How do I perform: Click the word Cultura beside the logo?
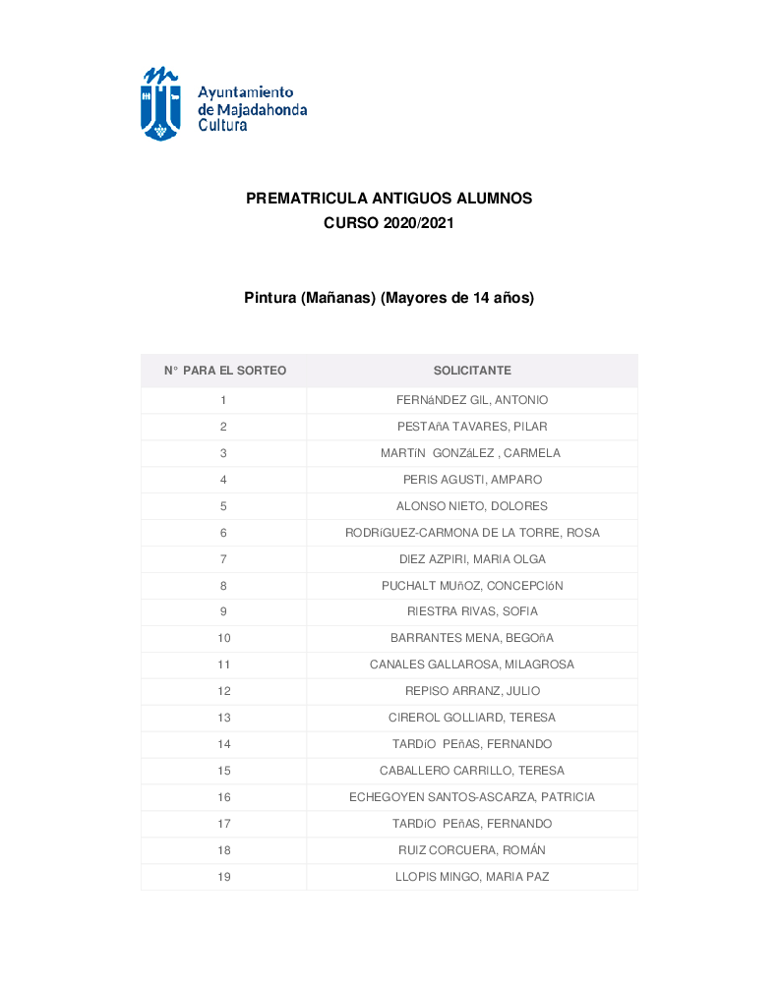coord(223,126)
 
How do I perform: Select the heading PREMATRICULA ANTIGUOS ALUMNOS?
coord(389,199)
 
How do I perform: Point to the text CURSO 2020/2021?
coord(389,224)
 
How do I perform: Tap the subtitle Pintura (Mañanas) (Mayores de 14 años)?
coord(389,298)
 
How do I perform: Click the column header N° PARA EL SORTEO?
coord(224,371)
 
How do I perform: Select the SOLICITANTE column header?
coord(472,371)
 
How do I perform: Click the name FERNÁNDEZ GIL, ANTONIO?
coord(472,400)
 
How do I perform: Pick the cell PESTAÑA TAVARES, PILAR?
coord(472,427)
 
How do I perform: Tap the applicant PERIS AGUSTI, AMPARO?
coord(472,480)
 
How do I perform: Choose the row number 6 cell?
coord(223,533)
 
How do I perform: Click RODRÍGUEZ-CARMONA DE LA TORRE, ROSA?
coord(472,533)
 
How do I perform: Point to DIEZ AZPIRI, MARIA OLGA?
coord(472,559)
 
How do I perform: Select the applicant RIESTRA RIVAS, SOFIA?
coord(472,612)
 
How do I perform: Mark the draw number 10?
coord(223,639)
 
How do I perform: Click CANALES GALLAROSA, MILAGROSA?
coord(472,665)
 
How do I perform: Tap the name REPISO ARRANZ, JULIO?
coord(472,692)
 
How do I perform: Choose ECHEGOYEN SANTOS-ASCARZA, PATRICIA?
coord(472,797)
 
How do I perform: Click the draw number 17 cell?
coord(223,824)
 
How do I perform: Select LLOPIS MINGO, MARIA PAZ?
coord(472,877)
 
